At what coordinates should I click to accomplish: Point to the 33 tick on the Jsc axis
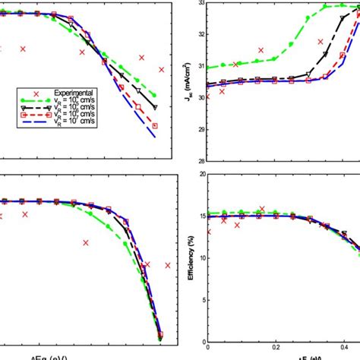tap(200, 3)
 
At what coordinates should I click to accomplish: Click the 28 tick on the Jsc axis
tap(200, 160)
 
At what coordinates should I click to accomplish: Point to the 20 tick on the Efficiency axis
tap(200, 174)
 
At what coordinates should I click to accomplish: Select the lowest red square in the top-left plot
tap(155, 125)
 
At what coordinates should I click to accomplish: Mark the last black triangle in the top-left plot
tap(155, 107)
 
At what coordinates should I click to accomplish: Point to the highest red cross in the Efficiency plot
tap(262, 209)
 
